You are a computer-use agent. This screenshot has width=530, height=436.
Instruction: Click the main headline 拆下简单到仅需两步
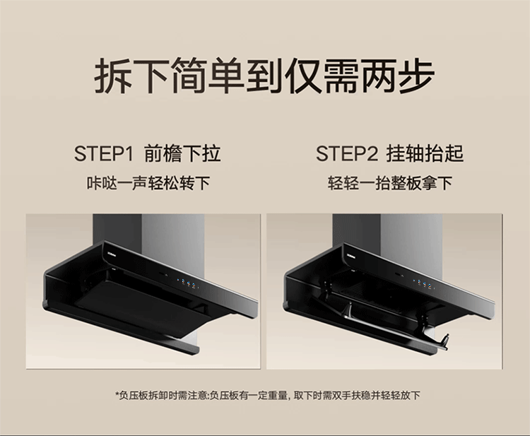pos(264,77)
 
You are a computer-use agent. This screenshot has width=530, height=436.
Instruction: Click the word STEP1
pos(103,154)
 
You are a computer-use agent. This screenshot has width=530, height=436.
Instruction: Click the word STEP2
pos(347,154)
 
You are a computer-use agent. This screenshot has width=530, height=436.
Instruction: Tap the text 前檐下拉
pos(182,154)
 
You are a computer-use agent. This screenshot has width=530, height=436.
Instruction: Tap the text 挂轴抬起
pos(425,154)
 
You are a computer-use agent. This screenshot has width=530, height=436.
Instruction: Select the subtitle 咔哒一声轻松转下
pos(148,184)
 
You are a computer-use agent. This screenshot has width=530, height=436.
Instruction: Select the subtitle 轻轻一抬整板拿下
pos(389,184)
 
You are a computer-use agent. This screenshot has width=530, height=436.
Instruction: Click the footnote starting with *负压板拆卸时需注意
pos(268,395)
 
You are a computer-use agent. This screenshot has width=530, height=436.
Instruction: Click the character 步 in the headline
pos(416,77)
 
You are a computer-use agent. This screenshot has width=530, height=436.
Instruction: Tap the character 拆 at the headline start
pos(112,77)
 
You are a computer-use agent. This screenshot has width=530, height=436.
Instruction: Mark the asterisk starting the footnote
pos(117,394)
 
